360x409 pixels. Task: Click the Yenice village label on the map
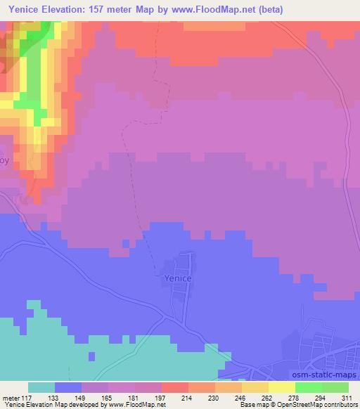(x=173, y=278)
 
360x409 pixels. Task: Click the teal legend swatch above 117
(x=41, y=387)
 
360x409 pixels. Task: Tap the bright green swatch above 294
(x=308, y=387)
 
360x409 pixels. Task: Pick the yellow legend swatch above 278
(x=281, y=387)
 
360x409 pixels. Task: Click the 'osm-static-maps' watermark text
(x=325, y=374)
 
